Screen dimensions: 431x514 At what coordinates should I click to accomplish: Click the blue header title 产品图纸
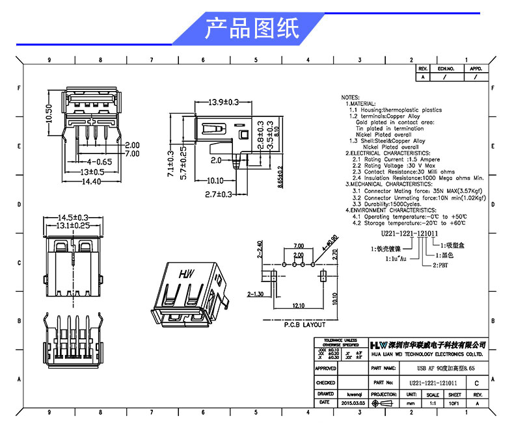point(252,29)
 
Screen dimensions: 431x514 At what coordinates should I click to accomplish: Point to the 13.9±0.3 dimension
point(224,102)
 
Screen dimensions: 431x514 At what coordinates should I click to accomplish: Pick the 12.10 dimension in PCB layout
point(299,305)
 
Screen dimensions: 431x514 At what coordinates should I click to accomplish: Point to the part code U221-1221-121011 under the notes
point(409,233)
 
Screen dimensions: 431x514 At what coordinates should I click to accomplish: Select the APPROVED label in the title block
point(325,369)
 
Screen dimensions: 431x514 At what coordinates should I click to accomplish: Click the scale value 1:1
point(432,403)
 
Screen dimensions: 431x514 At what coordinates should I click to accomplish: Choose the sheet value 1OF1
point(455,403)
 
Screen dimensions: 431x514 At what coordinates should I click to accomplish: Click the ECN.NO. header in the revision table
point(446,68)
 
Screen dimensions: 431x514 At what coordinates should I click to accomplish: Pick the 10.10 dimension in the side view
point(215,181)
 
